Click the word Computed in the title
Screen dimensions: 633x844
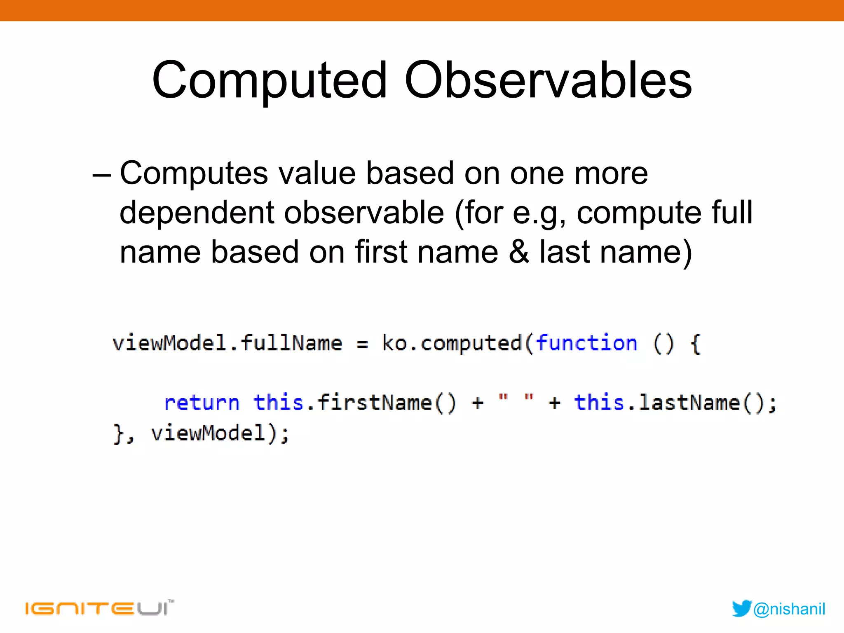coord(270,80)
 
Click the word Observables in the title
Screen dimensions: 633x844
coord(548,80)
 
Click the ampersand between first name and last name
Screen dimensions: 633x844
coord(519,252)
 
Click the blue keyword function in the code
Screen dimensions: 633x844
coord(586,343)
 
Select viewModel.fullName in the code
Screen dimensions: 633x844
coord(227,343)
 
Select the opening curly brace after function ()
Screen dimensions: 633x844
coord(695,344)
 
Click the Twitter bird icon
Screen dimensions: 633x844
coord(741,608)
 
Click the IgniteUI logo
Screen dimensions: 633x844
coord(99,608)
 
